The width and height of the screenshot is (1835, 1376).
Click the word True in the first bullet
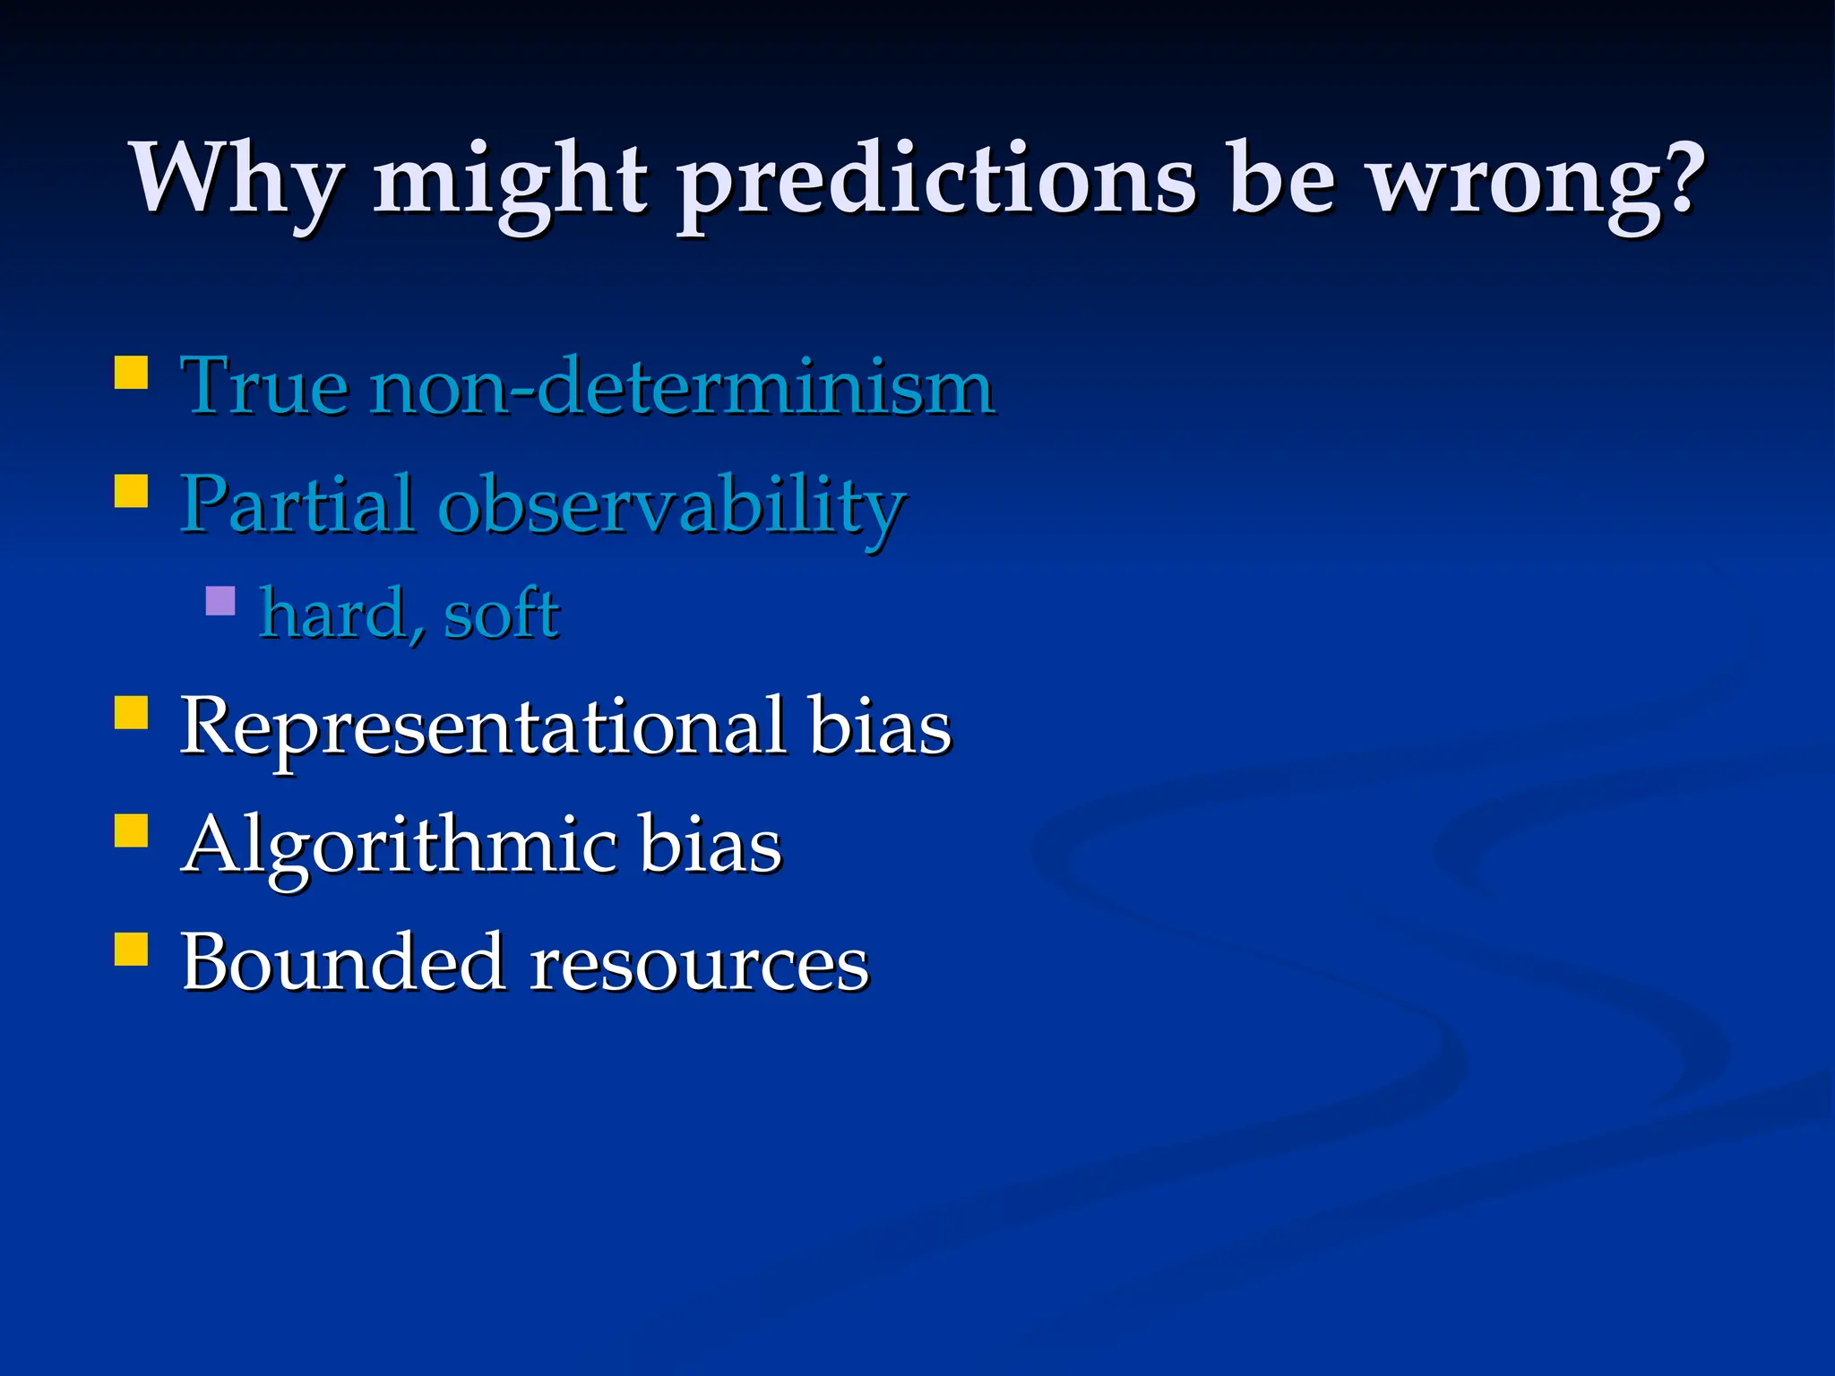264,387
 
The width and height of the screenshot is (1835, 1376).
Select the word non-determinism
682,387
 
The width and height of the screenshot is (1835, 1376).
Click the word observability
672,507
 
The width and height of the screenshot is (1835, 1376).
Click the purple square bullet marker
220,600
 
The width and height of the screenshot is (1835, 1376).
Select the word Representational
484,728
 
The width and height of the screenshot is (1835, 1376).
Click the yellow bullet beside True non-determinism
132,373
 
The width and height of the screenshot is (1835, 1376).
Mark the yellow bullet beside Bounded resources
132,949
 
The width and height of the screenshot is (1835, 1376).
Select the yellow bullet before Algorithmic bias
132,830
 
